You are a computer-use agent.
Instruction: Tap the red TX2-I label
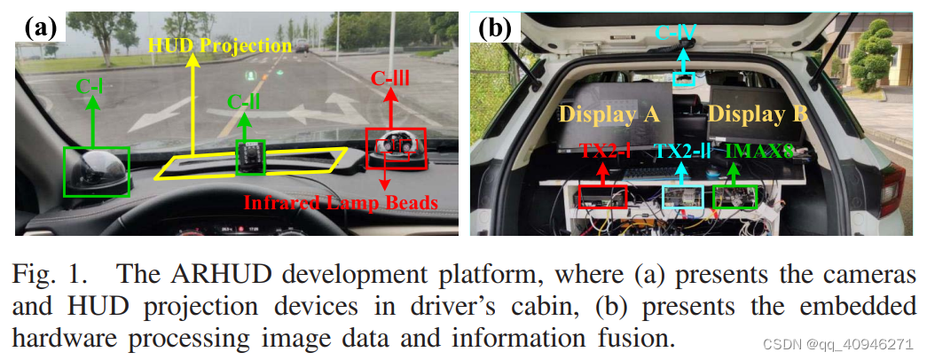pyautogui.click(x=606, y=152)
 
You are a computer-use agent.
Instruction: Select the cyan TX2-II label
pyautogui.click(x=684, y=152)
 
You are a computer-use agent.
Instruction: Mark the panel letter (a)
pyautogui.click(x=41, y=27)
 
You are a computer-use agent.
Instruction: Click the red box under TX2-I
pyautogui.click(x=602, y=197)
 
